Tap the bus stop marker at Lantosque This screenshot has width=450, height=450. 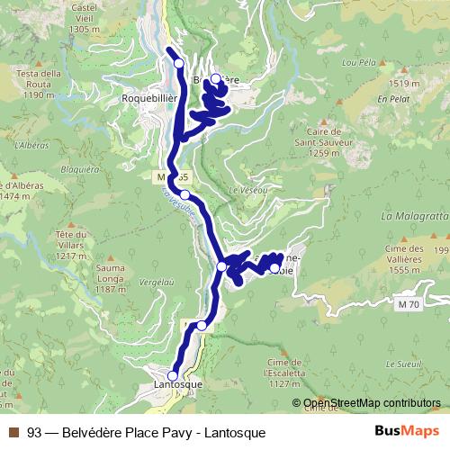point(173,375)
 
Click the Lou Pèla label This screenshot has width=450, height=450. point(358,63)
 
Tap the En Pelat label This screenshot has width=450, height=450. point(394,99)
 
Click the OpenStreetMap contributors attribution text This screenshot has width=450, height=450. point(373,403)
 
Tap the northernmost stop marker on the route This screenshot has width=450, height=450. point(178,63)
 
